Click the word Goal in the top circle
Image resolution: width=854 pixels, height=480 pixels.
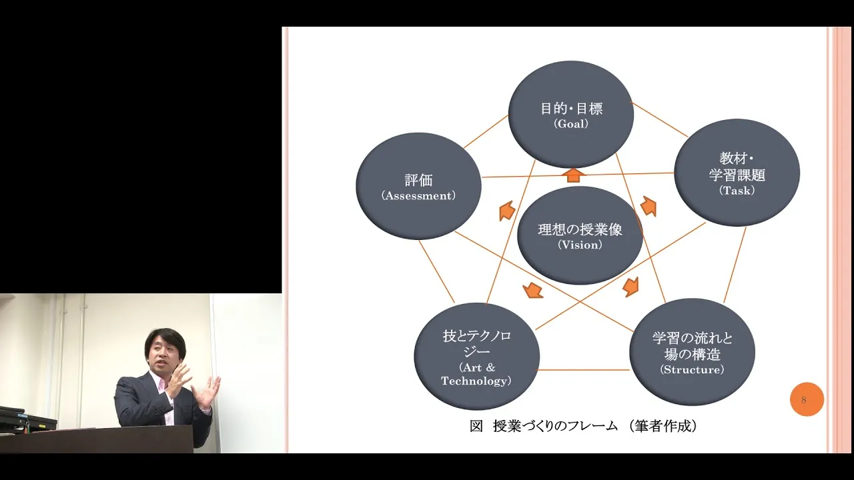click(x=570, y=124)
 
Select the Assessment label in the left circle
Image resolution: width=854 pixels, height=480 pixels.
click(x=418, y=196)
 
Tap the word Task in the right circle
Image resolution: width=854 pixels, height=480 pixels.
click(x=737, y=191)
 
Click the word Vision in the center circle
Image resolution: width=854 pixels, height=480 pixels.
click(x=580, y=245)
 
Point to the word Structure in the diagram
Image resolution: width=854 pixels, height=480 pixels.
click(x=692, y=369)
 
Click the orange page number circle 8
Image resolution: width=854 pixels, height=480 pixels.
click(x=807, y=399)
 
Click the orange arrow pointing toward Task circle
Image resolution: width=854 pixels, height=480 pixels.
click(x=648, y=206)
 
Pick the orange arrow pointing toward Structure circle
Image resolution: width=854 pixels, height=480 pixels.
click(x=630, y=287)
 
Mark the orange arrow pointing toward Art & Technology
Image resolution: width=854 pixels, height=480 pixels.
click(x=532, y=290)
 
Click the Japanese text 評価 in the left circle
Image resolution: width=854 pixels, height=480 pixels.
click(x=418, y=180)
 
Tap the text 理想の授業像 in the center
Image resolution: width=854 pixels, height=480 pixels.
click(x=580, y=229)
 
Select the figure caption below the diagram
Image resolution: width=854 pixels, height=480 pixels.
click(x=583, y=426)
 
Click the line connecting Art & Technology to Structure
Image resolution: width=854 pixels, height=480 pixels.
click(x=583, y=369)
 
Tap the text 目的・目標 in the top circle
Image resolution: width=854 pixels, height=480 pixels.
click(x=571, y=109)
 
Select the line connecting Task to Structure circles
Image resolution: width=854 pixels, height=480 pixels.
click(x=735, y=265)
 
